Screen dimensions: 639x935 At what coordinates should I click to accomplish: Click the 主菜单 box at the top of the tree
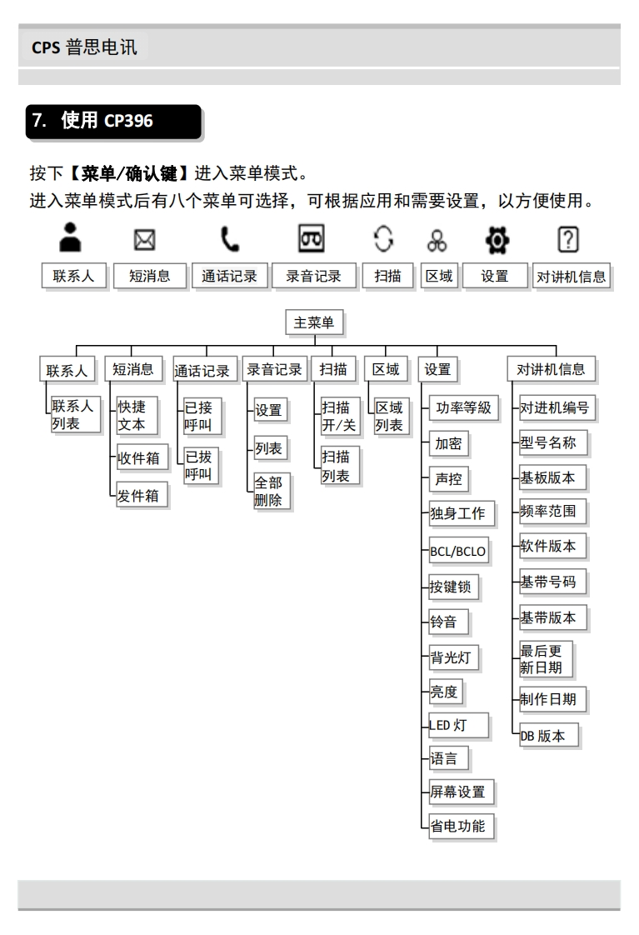314,323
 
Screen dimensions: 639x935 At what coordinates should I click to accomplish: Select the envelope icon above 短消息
140,242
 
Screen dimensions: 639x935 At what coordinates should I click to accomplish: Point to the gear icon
495,242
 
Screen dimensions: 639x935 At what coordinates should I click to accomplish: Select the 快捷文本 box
135,415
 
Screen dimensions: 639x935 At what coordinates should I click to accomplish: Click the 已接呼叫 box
202,415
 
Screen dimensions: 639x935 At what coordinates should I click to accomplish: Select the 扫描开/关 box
339,415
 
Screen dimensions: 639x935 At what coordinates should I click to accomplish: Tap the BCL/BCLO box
457,551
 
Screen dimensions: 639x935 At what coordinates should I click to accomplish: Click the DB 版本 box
546,736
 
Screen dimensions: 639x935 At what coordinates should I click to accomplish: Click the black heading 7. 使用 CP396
114,120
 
